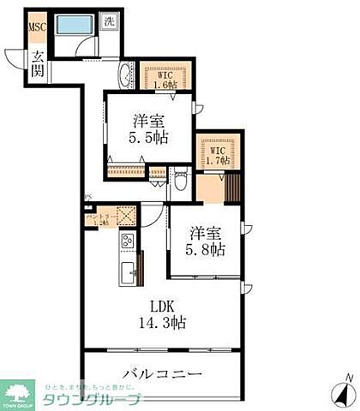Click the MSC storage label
tap(37, 27)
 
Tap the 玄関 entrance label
tap(38, 64)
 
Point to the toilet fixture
tap(180, 184)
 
